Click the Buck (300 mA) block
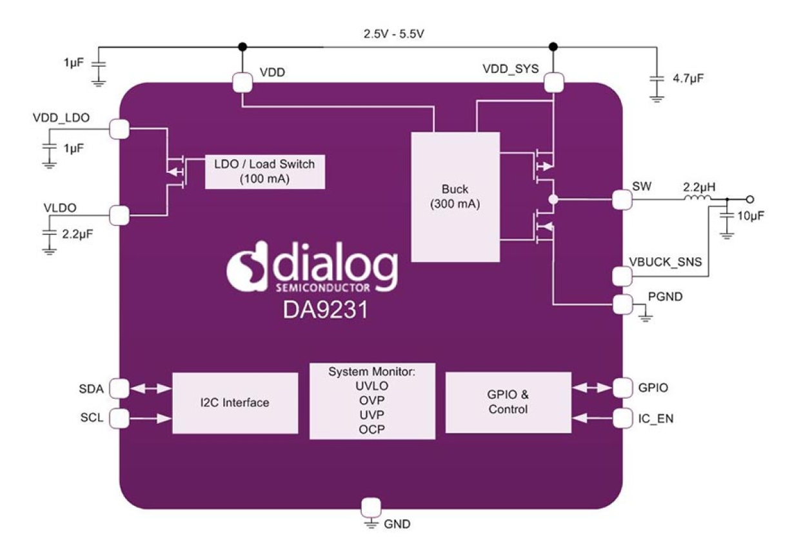(x=456, y=197)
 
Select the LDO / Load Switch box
(x=264, y=171)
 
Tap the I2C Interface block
(x=235, y=403)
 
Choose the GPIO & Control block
(x=508, y=402)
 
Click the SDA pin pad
(x=119, y=388)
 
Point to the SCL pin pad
(x=119, y=418)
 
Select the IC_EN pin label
(x=656, y=419)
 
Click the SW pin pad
(x=622, y=200)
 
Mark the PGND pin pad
(x=622, y=303)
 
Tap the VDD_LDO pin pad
(x=119, y=129)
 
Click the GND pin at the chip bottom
(x=371, y=507)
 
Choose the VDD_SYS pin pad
(x=553, y=82)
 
